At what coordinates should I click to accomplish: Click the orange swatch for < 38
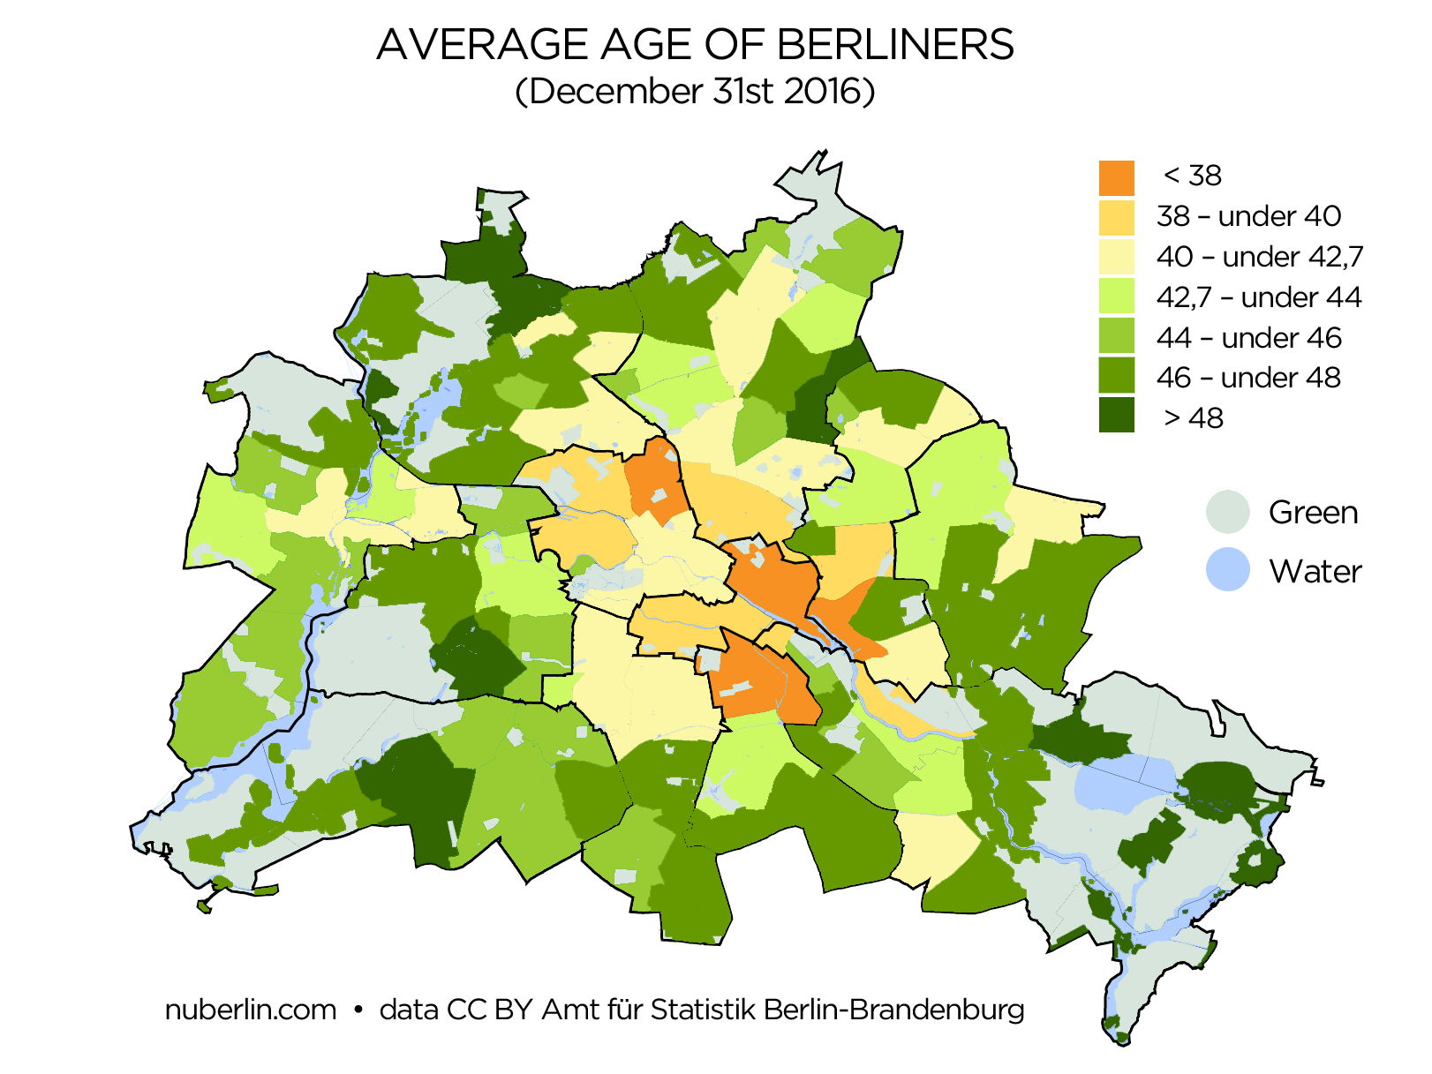pos(1116,177)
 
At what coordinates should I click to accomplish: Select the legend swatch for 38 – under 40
pos(1116,217)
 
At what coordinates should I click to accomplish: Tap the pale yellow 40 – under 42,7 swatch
pos(1116,258)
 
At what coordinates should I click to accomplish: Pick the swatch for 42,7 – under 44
pos(1116,297)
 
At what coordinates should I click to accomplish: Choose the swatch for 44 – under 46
pos(1116,338)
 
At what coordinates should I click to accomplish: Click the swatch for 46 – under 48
pos(1116,378)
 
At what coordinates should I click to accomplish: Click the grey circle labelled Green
pos(1228,512)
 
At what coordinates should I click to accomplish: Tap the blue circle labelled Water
pos(1228,569)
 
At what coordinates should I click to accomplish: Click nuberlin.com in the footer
pos(251,1010)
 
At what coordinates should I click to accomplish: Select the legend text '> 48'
pos(1193,417)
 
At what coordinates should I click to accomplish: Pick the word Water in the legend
pos(1315,572)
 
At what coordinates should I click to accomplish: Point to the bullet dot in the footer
pos(358,1010)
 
